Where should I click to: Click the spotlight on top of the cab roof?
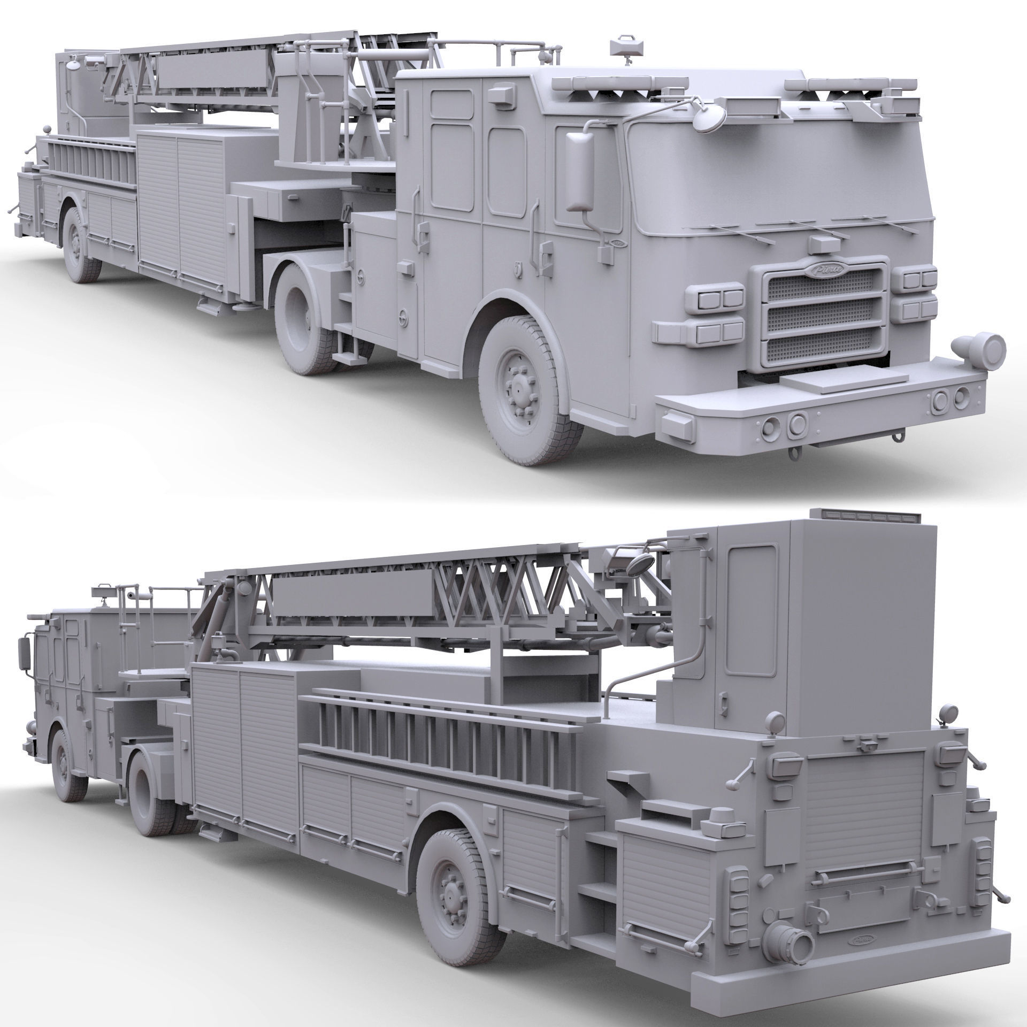[x=625, y=46]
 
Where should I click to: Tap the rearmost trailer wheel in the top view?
[x=81, y=243]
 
